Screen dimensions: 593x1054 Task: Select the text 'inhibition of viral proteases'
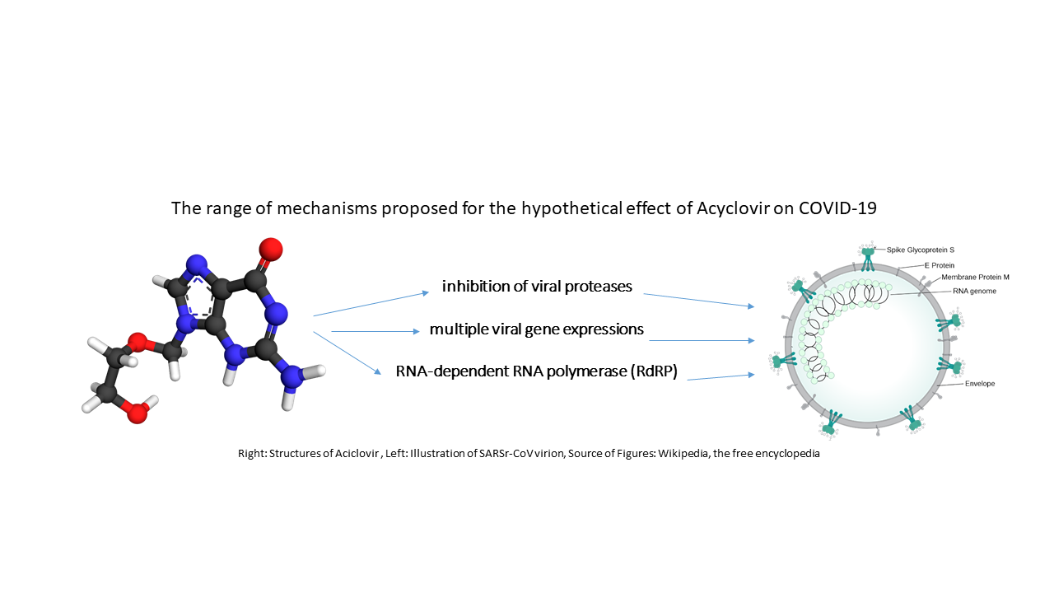tap(537, 287)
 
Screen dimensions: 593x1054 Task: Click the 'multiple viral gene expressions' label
tap(536, 329)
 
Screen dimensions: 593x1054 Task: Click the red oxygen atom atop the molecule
tap(270, 247)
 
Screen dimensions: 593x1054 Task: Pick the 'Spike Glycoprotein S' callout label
tap(921, 249)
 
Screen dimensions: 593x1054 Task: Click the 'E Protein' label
tap(940, 265)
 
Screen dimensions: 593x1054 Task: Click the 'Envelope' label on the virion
tap(980, 384)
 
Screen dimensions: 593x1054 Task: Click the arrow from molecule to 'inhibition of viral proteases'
tap(371, 303)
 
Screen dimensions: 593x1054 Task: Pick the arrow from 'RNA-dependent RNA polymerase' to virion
tap(721, 376)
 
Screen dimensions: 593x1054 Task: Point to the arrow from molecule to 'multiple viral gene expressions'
tap(375, 332)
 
